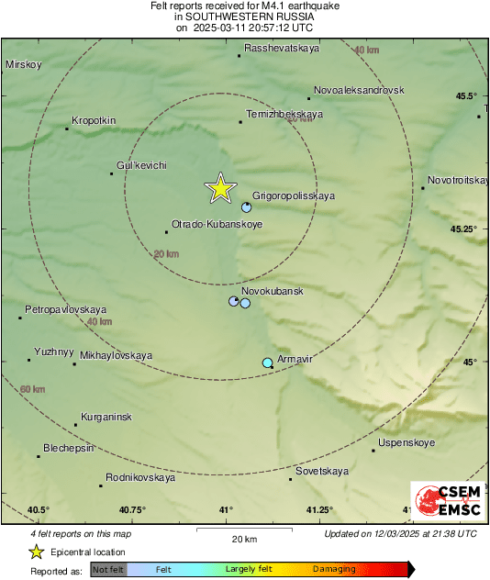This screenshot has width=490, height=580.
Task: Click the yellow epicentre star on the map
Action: coord(220,187)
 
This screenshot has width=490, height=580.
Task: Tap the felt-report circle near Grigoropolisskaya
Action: coord(246,207)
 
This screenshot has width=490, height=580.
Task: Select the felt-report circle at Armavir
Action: coord(267,363)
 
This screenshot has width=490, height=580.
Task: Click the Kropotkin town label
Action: coord(94,120)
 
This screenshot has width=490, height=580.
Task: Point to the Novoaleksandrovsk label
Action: coord(359,91)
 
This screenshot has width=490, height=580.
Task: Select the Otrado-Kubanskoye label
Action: coord(217,223)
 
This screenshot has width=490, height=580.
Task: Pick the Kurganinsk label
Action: coord(106,417)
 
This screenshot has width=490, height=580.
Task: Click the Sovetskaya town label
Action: coord(322,471)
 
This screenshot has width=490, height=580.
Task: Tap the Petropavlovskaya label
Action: coord(66,310)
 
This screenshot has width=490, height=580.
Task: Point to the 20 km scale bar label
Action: coord(243,539)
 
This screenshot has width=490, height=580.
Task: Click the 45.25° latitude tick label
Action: coord(464,229)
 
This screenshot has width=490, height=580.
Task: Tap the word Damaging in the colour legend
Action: coord(334,569)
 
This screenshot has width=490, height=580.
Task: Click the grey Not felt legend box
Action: coord(108,569)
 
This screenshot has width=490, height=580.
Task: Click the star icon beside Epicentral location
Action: coord(36,552)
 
